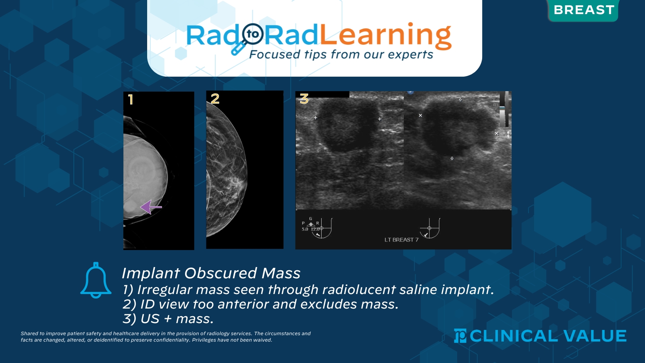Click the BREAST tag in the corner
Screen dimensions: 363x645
click(583, 10)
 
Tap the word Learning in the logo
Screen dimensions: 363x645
click(385, 35)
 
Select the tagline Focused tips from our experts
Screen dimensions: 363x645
click(341, 54)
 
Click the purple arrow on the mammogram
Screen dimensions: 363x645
click(151, 207)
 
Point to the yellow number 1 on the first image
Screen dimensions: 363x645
click(130, 100)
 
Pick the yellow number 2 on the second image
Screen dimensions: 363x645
click(215, 98)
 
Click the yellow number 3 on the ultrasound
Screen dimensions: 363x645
click(304, 99)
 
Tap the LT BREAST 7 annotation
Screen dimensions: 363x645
click(401, 240)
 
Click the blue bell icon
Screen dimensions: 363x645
click(96, 280)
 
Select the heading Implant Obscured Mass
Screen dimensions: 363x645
click(211, 273)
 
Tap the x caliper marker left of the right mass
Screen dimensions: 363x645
click(420, 115)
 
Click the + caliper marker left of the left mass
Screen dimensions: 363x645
click(316, 118)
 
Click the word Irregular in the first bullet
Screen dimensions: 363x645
click(165, 290)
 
